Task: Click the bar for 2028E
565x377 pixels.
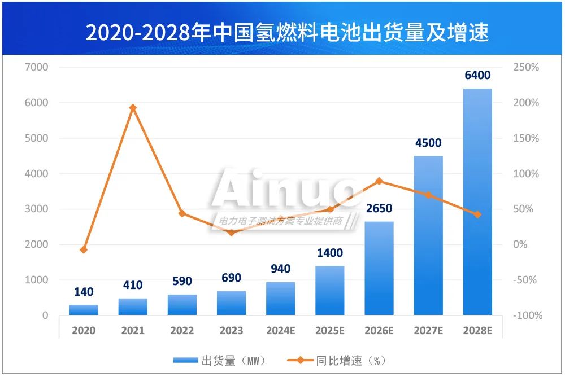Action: [x=477, y=201]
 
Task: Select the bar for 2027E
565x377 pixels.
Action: [x=428, y=235]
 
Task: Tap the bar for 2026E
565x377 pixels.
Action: [x=379, y=268]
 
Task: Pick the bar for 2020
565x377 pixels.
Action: [x=84, y=310]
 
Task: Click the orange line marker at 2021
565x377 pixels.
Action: [x=133, y=108]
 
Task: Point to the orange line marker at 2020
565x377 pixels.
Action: [x=84, y=249]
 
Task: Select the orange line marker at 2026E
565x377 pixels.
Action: [x=379, y=181]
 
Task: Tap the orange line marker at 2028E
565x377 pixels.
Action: [x=477, y=214]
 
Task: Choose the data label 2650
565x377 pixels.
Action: [x=379, y=209]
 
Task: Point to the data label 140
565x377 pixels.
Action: [x=84, y=292]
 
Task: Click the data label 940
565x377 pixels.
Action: [x=281, y=269]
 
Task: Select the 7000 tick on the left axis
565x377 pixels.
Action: [x=37, y=67]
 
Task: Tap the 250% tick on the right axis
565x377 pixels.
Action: [x=526, y=67]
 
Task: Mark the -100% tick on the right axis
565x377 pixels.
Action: [x=527, y=315]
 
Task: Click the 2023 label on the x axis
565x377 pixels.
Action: [x=232, y=331]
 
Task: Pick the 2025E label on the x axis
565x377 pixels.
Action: [x=330, y=331]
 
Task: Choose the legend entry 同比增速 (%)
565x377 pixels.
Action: [x=337, y=360]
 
